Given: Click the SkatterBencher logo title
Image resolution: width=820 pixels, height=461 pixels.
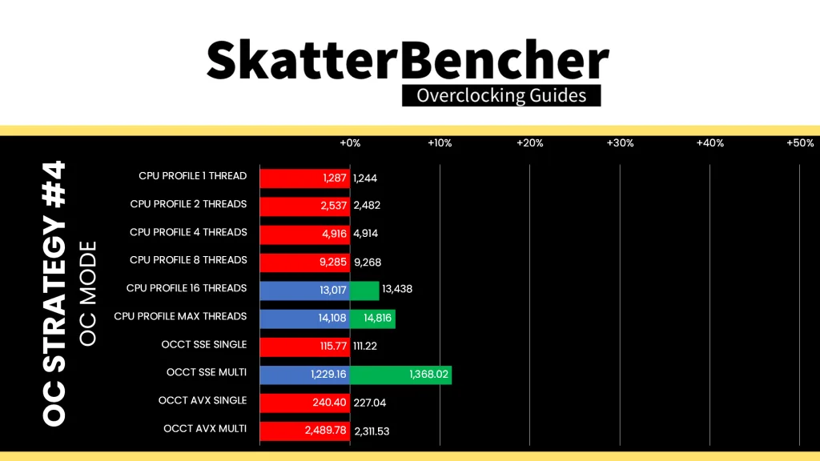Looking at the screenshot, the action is [408, 59].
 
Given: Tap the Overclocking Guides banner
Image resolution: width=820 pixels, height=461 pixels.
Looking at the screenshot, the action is [501, 96].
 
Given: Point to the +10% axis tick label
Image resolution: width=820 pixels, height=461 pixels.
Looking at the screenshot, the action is [440, 143].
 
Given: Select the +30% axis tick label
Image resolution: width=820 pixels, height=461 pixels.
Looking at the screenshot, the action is [620, 143].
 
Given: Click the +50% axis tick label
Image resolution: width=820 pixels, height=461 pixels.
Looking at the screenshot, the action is [800, 143].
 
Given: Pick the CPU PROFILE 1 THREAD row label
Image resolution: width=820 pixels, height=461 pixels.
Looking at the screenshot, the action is [192, 176].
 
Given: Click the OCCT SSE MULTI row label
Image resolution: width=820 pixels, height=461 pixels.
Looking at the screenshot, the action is [207, 372].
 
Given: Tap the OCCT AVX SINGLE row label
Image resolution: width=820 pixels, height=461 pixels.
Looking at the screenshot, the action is [203, 400].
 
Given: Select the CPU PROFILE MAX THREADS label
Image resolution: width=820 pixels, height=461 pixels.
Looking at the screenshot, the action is [180, 316].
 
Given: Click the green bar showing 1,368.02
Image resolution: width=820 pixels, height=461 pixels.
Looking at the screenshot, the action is [400, 375].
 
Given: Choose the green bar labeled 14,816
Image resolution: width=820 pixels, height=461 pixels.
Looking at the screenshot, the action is [372, 319].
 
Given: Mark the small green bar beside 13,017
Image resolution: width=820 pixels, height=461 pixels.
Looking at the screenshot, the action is [364, 291].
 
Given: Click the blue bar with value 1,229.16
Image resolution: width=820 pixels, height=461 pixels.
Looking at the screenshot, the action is [305, 375].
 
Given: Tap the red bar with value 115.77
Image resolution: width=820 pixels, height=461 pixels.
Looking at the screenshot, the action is [305, 347].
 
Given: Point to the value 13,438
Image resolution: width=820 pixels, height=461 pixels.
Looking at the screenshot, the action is [397, 289].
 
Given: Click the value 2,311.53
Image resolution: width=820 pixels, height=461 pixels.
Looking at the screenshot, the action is [372, 431].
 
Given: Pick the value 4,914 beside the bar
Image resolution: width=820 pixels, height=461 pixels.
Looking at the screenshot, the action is [365, 234].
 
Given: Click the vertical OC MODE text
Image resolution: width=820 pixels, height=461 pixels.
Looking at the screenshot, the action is [88, 293].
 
